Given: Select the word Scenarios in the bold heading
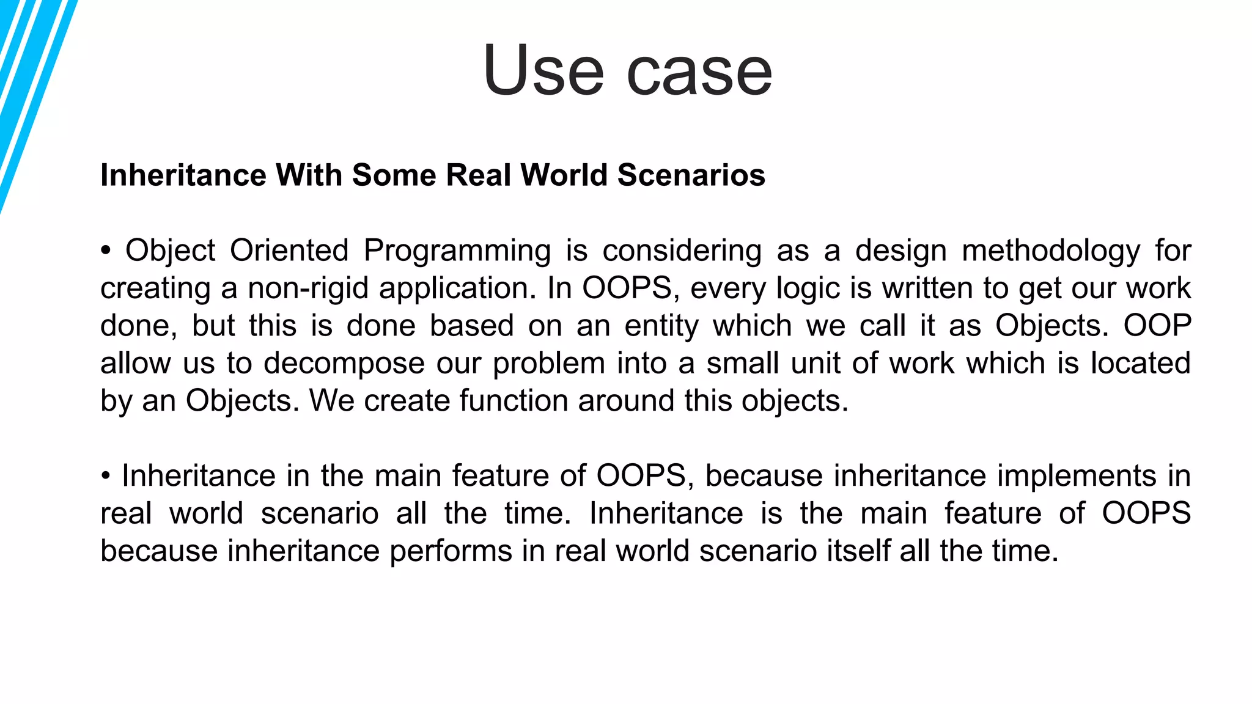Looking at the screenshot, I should pyautogui.click(x=691, y=175).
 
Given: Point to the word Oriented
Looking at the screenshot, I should pyautogui.click(x=289, y=251).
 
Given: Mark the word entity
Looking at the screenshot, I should pyautogui.click(x=661, y=326).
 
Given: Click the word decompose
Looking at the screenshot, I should pyautogui.click(x=344, y=364).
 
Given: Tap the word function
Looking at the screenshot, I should pyautogui.click(x=514, y=401).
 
